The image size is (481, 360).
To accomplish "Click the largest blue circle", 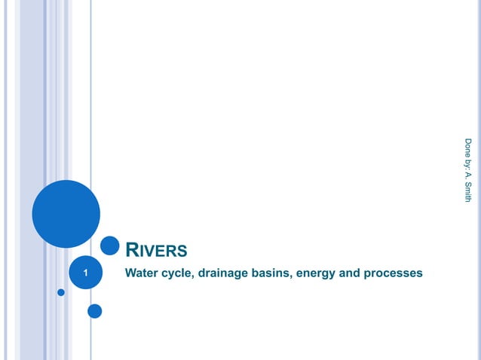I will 66,213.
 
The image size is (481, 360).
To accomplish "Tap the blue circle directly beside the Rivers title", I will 110,246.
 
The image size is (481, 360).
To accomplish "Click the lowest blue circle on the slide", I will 95,310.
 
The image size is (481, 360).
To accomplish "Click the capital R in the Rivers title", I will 130,250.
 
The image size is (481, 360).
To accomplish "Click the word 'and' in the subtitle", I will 350,273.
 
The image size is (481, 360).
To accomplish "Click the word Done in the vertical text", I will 468,146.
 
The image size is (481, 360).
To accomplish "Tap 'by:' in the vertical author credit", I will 468,162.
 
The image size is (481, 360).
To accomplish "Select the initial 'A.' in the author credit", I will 468,175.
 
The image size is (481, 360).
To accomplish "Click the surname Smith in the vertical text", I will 468,191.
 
